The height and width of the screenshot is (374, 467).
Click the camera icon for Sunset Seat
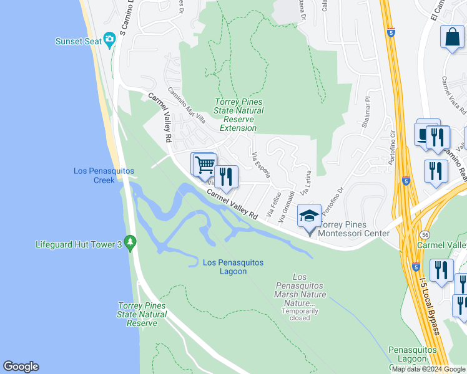click(110, 41)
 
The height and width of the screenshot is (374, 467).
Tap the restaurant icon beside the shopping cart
click(226, 176)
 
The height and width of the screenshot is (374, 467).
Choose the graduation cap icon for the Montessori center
click(309, 216)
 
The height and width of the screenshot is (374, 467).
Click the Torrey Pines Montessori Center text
click(354, 229)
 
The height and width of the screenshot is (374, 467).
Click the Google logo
click(21, 367)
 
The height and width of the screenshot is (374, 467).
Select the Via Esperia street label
click(262, 165)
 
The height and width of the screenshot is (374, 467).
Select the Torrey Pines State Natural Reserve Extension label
click(238, 115)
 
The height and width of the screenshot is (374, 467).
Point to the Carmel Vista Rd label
click(453, 95)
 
